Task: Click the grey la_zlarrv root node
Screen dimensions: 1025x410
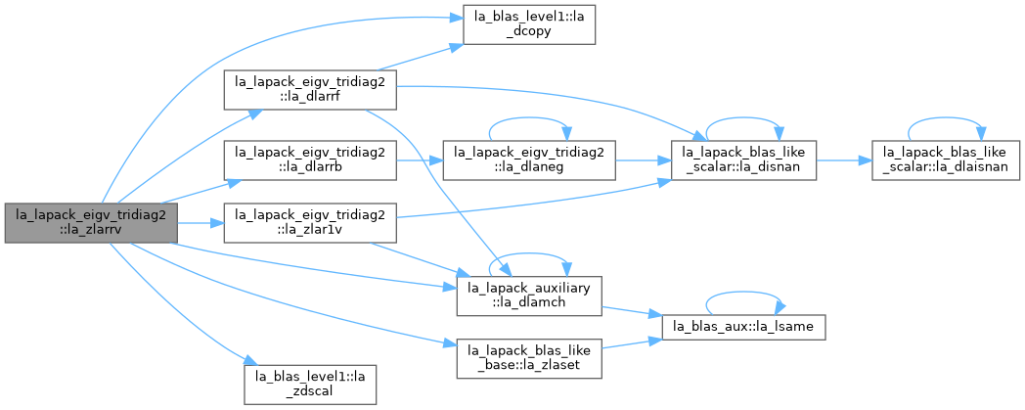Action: [x=91, y=223]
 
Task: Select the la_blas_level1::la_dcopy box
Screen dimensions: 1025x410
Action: [x=529, y=24]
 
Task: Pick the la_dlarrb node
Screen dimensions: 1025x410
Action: [x=310, y=160]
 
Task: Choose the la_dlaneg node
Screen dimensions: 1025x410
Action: [x=529, y=160]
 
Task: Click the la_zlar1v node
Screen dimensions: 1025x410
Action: [x=310, y=223]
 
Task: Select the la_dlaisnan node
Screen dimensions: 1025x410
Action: [x=946, y=160]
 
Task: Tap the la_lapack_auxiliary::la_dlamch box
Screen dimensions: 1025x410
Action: [x=529, y=296]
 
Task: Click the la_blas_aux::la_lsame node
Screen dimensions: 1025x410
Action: [x=744, y=327]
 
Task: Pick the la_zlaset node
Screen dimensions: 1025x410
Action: [x=529, y=358]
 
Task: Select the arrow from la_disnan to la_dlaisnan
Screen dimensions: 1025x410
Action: [x=845, y=160]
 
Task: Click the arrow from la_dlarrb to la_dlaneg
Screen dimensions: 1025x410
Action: [x=420, y=160]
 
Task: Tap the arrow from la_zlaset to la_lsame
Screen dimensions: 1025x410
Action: [x=632, y=342]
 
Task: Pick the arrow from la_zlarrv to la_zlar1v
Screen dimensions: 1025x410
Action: [x=201, y=223]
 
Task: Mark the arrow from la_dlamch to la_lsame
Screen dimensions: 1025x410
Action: [x=632, y=312]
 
